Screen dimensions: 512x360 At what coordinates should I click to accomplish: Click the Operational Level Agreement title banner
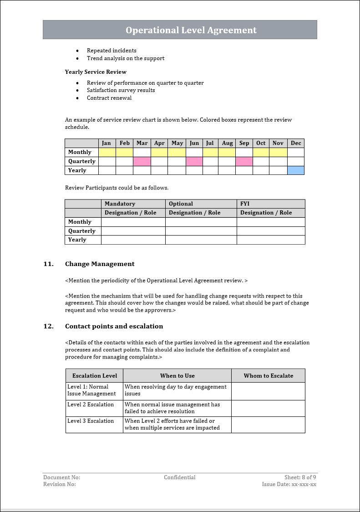pyautogui.click(x=191, y=30)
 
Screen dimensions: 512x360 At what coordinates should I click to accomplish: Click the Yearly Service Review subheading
pyautogui.click(x=96, y=72)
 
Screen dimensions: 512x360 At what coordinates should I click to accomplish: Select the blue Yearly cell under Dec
pyautogui.click(x=296, y=170)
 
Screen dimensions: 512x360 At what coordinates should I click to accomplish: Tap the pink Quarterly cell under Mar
pyautogui.click(x=142, y=161)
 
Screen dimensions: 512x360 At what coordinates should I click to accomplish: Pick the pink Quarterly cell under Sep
pyautogui.click(x=244, y=161)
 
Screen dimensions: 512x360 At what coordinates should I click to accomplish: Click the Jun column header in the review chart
pyautogui.click(x=194, y=143)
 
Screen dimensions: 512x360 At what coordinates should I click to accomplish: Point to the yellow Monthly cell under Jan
pyautogui.click(x=107, y=152)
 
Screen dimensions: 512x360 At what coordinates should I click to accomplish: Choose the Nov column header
pyautogui.click(x=278, y=143)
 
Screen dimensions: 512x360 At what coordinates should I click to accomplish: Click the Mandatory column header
pyautogui.click(x=120, y=204)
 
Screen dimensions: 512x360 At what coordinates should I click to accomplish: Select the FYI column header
pyautogui.click(x=245, y=204)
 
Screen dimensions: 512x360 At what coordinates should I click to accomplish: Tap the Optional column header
pyautogui.click(x=181, y=204)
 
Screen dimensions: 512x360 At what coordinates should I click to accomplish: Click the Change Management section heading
pyautogui.click(x=100, y=264)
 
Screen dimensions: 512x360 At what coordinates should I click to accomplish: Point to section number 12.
pyautogui.click(x=48, y=326)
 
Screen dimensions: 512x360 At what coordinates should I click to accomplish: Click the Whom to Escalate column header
pyautogui.click(x=269, y=376)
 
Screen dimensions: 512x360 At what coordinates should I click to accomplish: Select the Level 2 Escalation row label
pyautogui.click(x=91, y=404)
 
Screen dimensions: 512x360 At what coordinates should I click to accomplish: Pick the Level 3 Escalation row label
pyautogui.click(x=91, y=421)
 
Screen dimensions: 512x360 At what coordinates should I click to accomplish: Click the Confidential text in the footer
pyautogui.click(x=180, y=477)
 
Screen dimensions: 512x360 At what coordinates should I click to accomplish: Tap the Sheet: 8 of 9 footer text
pyautogui.click(x=300, y=477)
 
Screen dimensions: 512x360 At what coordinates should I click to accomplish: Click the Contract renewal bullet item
pyautogui.click(x=109, y=98)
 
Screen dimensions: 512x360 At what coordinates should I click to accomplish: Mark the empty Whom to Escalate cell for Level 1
pyautogui.click(x=268, y=391)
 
